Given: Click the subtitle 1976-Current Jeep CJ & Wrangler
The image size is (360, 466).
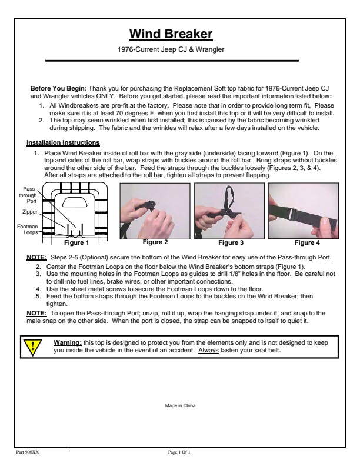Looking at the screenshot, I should [179, 49].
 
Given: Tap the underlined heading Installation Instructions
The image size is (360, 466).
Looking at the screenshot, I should [63, 142].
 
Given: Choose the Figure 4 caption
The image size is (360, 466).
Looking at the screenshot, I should [306, 242].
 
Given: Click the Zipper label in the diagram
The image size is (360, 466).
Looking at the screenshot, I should [29, 211].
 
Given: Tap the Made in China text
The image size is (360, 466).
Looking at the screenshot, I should [180, 406].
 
